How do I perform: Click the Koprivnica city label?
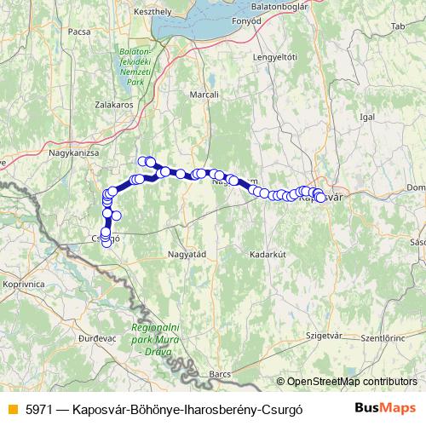(x=25, y=282)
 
